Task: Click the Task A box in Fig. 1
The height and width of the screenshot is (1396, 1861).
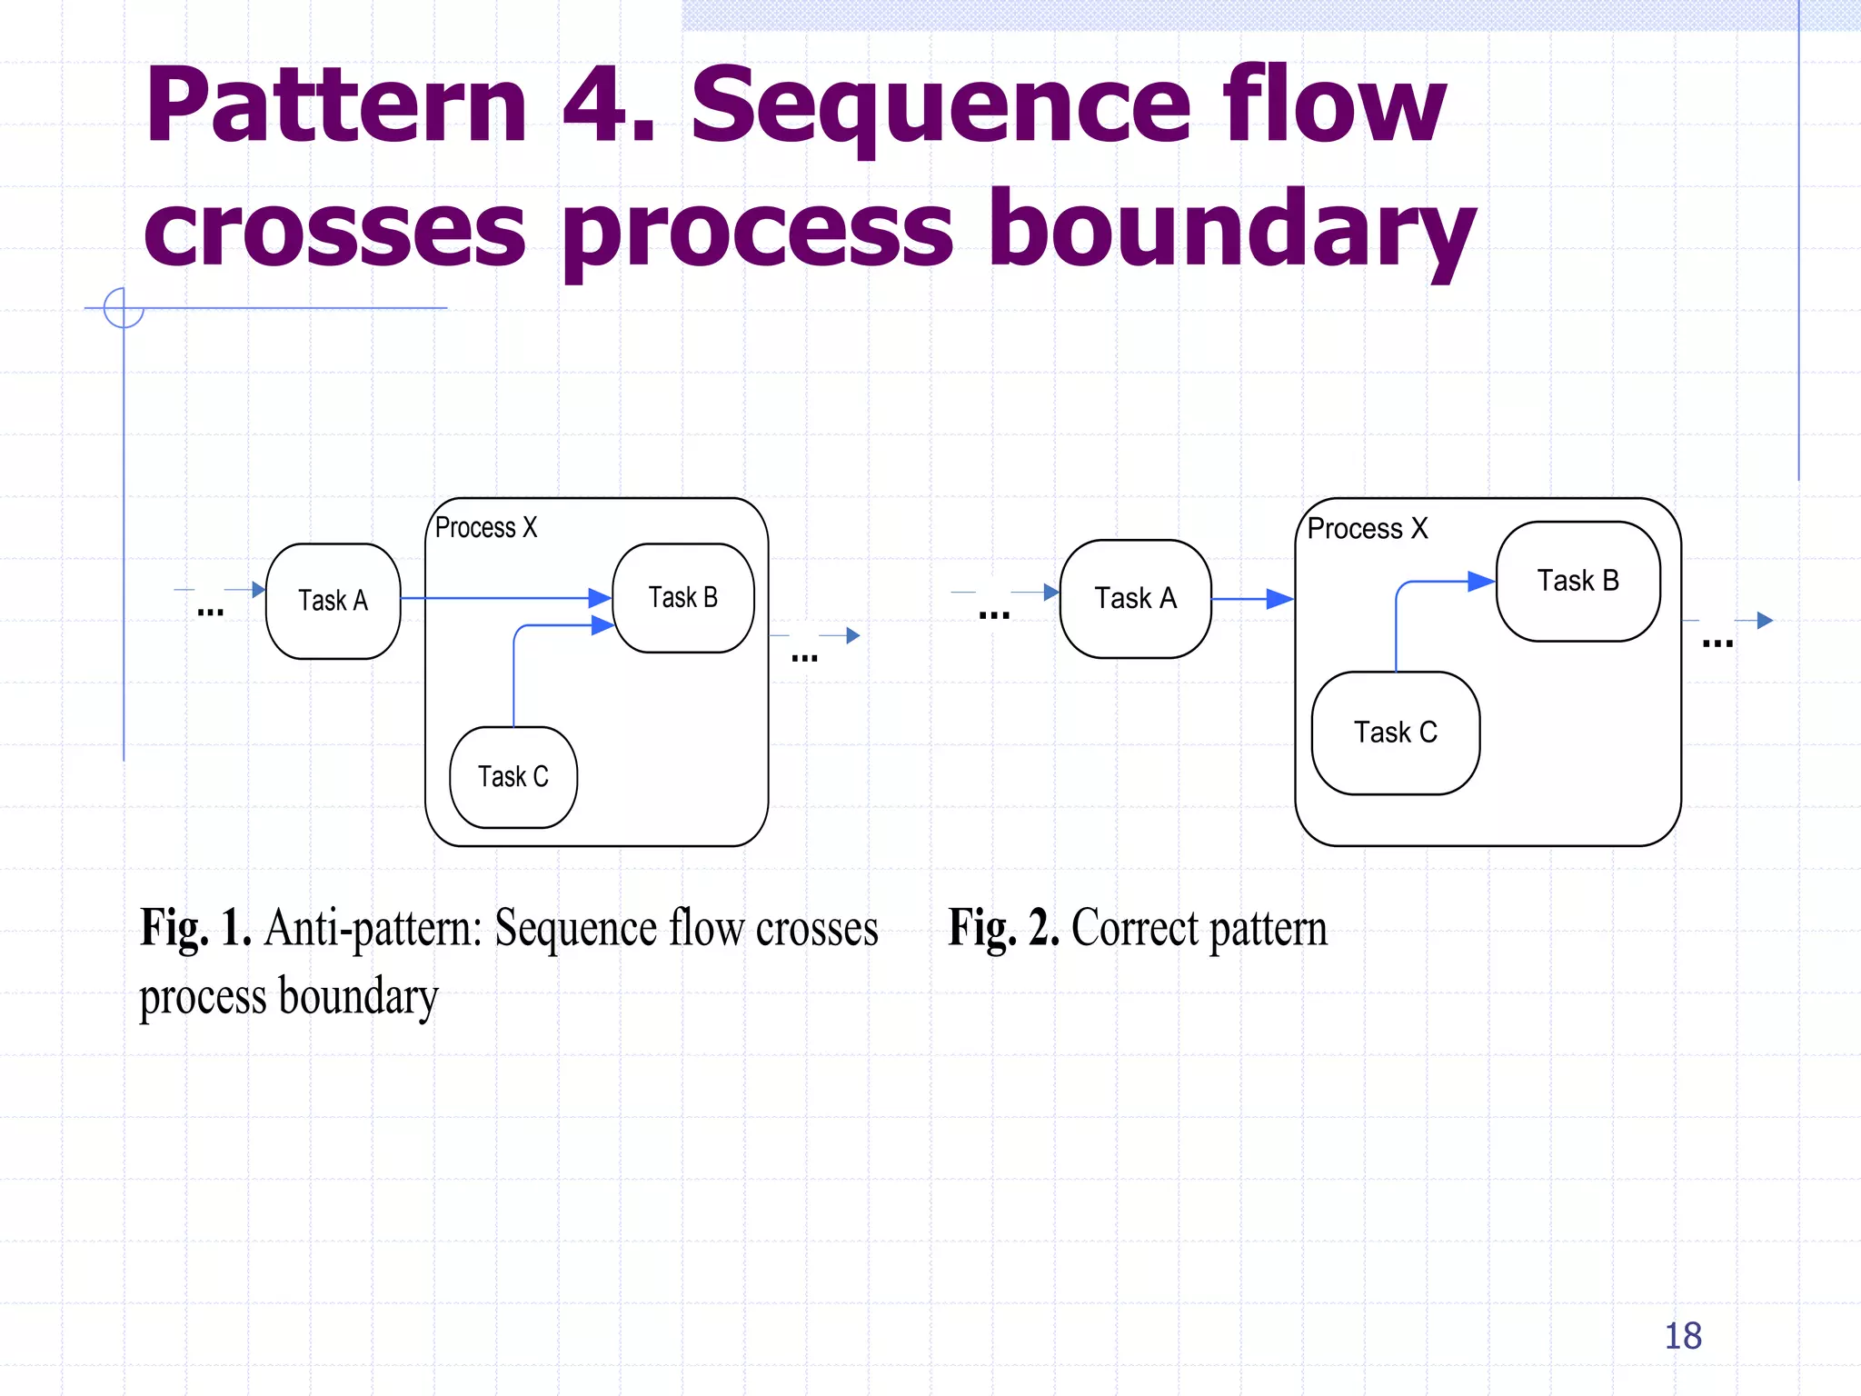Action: (333, 601)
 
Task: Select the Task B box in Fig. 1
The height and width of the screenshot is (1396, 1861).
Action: (683, 597)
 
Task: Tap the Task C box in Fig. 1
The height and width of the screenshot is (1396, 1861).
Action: (513, 777)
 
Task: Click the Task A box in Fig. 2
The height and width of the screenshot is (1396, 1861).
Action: (1135, 598)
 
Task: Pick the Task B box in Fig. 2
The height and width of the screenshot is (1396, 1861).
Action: (1577, 581)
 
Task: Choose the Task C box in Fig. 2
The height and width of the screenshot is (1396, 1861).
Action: (1395, 733)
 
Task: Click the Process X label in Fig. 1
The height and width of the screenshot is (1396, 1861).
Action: (486, 527)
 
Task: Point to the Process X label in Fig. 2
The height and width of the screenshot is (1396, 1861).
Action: (1367, 528)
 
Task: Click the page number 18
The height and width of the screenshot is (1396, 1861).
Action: (1682, 1336)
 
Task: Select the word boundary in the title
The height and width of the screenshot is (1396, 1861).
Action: (1231, 229)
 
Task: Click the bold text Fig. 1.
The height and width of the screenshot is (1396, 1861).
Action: (195, 928)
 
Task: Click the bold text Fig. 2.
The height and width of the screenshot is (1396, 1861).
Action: (1003, 928)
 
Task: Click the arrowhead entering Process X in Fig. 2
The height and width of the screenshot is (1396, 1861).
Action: (1279, 598)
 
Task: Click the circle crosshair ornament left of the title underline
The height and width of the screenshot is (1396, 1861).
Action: (124, 308)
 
